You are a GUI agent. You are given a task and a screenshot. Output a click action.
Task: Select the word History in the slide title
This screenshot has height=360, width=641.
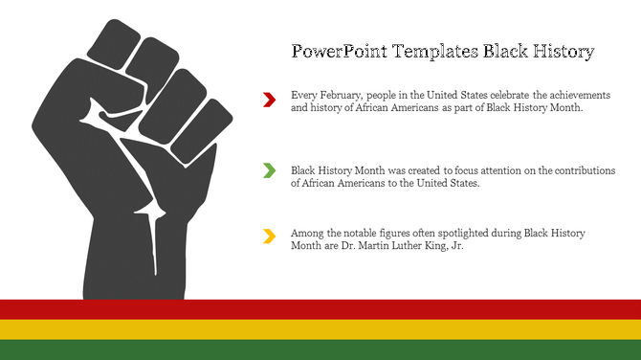[x=560, y=52]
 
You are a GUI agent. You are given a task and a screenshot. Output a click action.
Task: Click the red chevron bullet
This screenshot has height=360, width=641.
[x=269, y=99]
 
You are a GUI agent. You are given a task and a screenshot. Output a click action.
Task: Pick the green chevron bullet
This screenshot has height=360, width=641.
[x=269, y=170]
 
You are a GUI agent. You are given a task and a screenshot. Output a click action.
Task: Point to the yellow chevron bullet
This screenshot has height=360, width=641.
[x=269, y=236]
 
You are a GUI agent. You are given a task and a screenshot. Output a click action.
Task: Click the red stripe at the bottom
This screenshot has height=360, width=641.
[x=320, y=309]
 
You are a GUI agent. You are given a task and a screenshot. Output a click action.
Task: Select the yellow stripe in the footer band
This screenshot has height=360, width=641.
[x=320, y=329]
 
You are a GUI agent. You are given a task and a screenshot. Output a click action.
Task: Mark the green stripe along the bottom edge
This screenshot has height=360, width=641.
[x=320, y=349]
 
